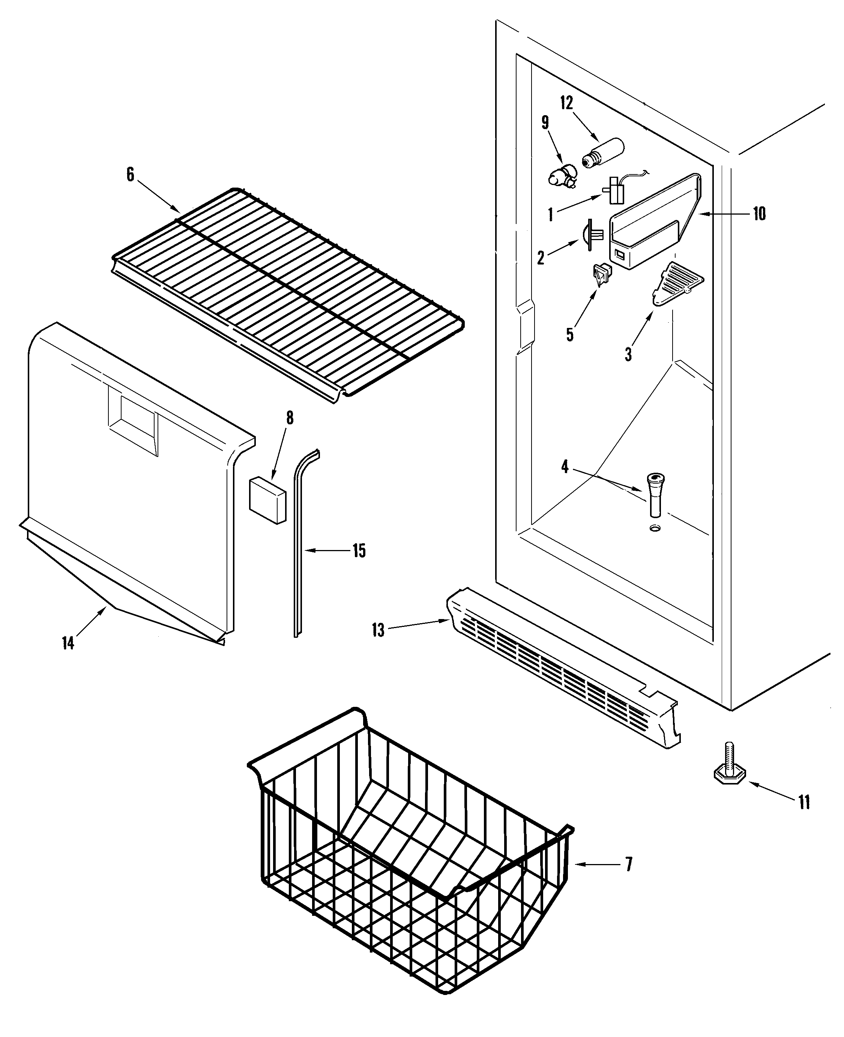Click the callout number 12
(566, 103)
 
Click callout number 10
(759, 213)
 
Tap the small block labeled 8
(267, 501)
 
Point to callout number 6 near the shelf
(130, 174)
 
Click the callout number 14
(68, 643)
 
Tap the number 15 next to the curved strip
(359, 551)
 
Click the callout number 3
(628, 354)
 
